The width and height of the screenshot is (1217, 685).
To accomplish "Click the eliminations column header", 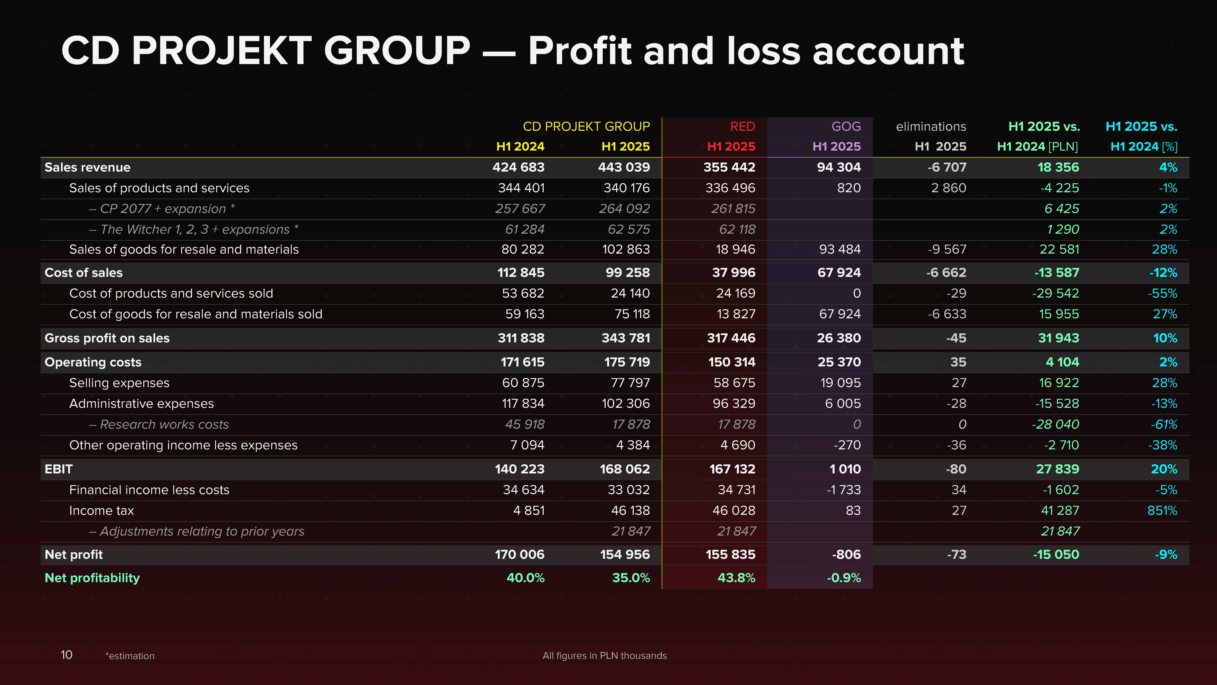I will (931, 127).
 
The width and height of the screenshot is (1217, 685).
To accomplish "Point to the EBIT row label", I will (59, 469).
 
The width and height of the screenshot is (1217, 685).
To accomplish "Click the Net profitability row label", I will (92, 578).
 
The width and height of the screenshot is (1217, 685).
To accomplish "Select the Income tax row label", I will (102, 511).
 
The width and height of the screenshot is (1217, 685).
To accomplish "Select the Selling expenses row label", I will (119, 383).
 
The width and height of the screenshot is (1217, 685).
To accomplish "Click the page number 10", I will (67, 655).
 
